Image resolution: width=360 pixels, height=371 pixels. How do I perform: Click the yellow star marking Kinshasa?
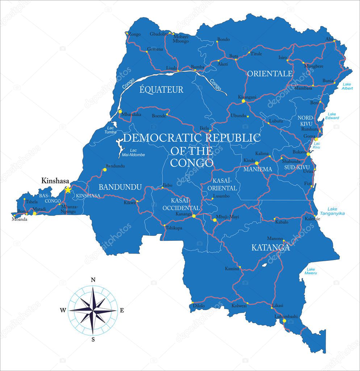coord(68,190)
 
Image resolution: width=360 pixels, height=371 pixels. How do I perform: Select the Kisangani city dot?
coord(243,101)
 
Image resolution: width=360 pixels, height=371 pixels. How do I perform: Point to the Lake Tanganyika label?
coord(336,211)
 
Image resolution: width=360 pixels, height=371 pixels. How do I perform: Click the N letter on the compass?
coord(93,280)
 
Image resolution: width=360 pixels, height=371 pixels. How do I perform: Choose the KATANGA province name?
coord(271,248)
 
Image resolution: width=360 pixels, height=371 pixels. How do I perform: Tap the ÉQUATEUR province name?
coord(162,90)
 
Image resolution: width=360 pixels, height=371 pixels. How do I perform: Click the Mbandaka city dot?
coord(120,111)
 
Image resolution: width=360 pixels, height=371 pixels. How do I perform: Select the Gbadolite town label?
coord(159,34)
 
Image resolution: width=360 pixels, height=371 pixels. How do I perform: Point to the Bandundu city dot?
coord(105,169)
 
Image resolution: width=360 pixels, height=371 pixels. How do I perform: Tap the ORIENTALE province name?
coord(269,74)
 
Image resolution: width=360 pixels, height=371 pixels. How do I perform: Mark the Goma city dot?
coord(316,139)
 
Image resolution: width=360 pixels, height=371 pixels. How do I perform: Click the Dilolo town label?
coord(199,306)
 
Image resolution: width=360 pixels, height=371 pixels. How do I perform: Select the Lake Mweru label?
coord(311,271)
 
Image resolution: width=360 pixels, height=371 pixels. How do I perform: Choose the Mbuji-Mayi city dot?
coord(215,220)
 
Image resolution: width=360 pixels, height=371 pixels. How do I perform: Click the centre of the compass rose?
coord(93,310)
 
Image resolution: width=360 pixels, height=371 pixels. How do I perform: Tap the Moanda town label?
coord(20,219)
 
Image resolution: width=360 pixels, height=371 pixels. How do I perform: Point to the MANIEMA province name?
coord(258,169)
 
